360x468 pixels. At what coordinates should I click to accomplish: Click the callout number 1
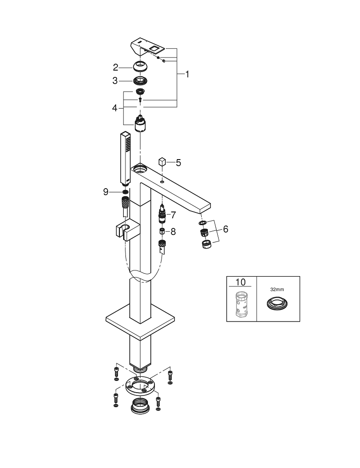(187, 74)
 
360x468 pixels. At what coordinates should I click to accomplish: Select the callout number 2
(115, 66)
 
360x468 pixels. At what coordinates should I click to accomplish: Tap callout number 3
(115, 80)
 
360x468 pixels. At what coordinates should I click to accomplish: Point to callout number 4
(114, 108)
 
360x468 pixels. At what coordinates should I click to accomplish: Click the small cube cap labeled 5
(162, 162)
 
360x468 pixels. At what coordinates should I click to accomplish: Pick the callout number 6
(225, 229)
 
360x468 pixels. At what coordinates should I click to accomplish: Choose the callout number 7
(173, 215)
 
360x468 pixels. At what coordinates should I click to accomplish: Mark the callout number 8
(173, 231)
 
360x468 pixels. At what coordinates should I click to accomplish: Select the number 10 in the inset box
(240, 282)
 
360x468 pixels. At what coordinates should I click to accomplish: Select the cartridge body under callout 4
(140, 124)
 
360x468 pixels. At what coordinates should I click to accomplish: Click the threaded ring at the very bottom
(140, 405)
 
